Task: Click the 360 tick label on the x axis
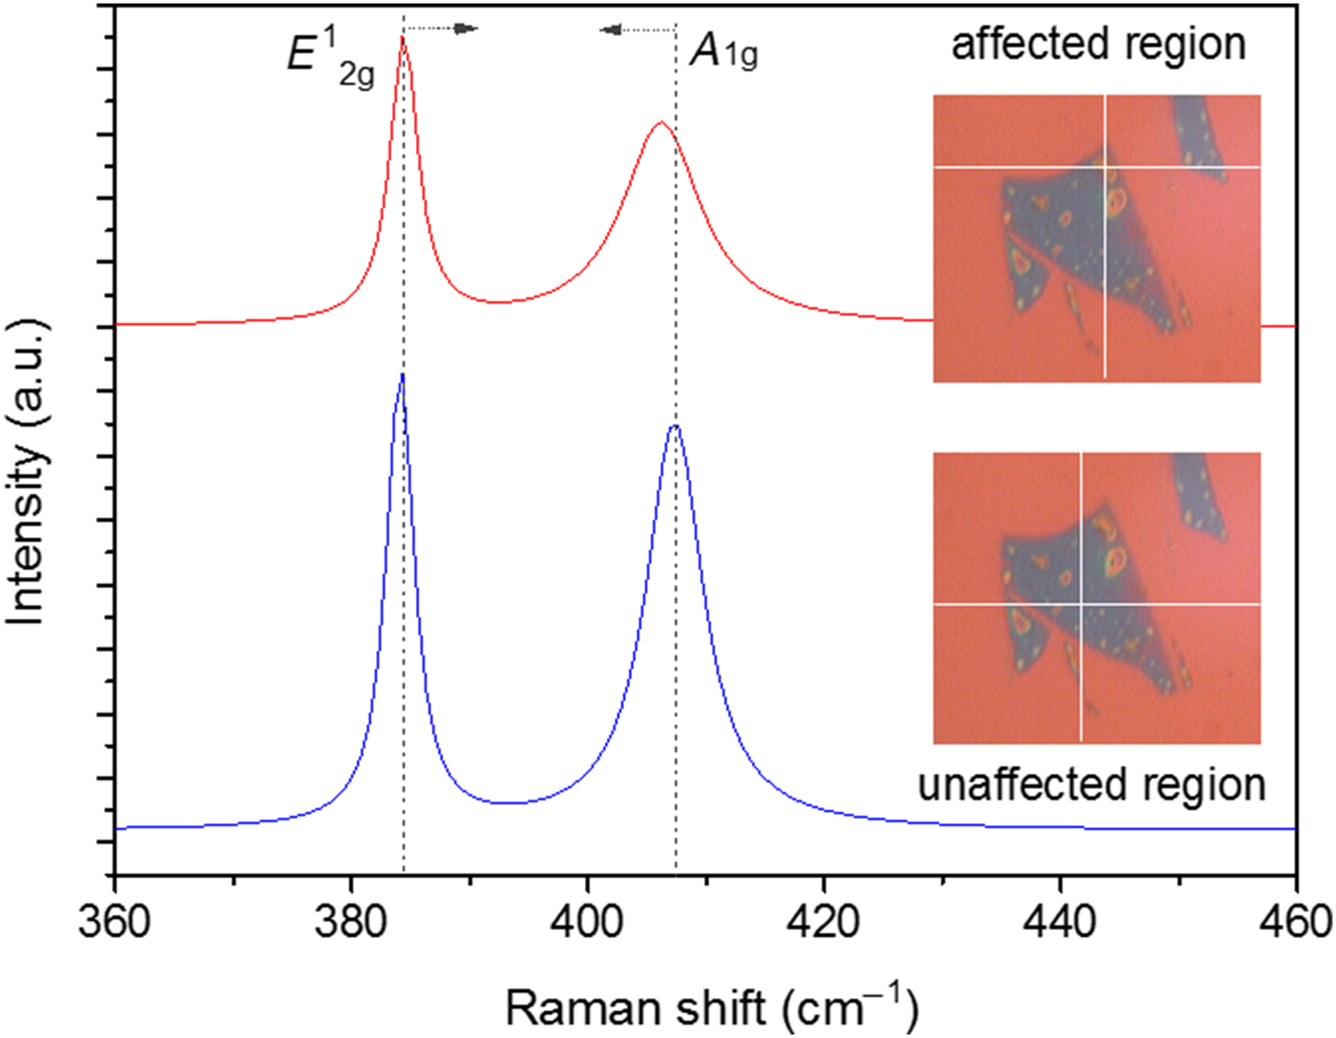coord(115,922)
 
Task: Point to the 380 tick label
coord(351,922)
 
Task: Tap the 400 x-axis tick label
coord(588,922)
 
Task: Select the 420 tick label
coord(825,922)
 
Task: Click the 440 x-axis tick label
coord(1061,922)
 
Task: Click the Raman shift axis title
coord(711,1007)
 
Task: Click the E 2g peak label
coord(329,57)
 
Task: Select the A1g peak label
coord(723,52)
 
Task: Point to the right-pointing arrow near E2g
coord(465,29)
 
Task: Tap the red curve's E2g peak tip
coord(403,36)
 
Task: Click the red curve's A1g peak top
coord(659,122)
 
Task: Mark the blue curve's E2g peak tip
coord(403,375)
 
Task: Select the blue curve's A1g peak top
coord(675,426)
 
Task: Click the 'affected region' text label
coord(1098,44)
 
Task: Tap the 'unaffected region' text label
coord(1092,784)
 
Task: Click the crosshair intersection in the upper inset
coord(1105,168)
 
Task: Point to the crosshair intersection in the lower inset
coord(1081,604)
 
